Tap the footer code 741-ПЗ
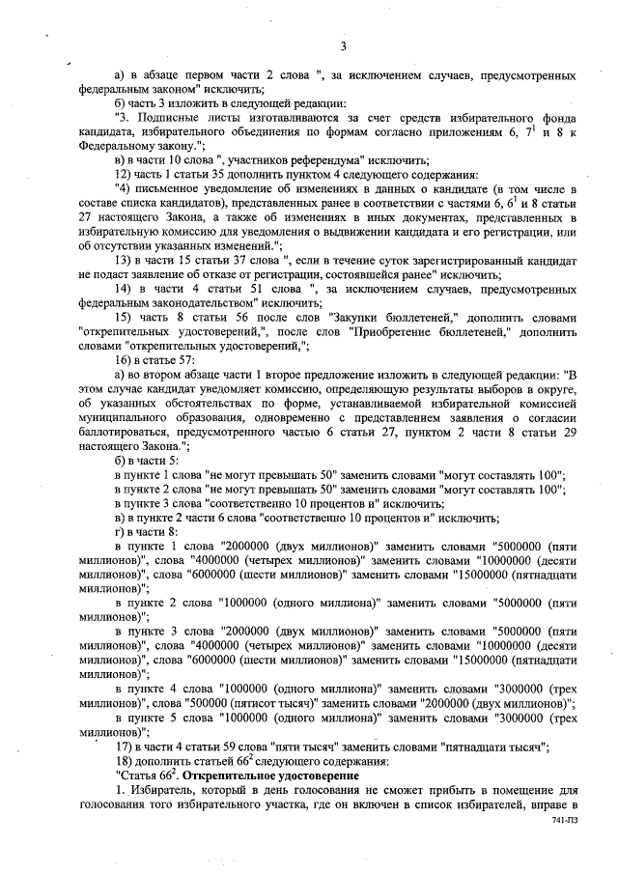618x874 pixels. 552,818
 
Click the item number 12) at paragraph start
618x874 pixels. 124,174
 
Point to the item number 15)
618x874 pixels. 124,318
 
